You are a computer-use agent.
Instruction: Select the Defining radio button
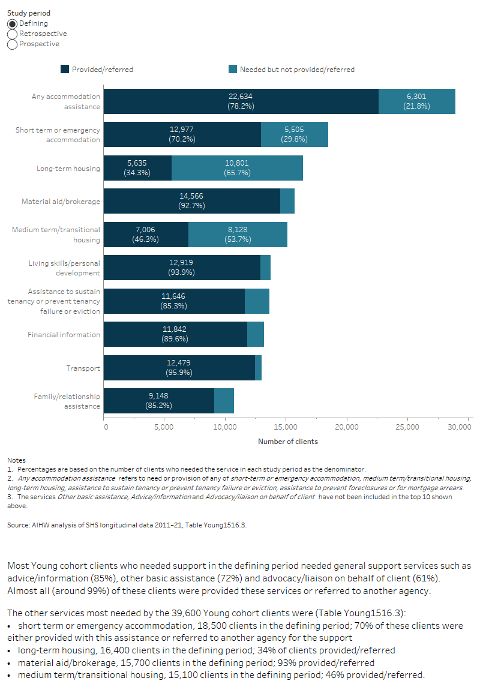coord(13,24)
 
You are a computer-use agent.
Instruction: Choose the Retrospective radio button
coord(13,34)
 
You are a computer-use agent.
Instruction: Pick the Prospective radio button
coord(13,44)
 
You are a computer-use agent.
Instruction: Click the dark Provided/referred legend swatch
coord(65,70)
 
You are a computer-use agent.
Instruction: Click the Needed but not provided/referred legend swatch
coord(233,70)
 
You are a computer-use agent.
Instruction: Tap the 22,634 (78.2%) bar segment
coord(241,101)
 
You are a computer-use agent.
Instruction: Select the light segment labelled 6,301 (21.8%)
coord(416,101)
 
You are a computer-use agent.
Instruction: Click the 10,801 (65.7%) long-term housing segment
coord(237,168)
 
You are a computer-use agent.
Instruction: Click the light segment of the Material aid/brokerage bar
coord(287,201)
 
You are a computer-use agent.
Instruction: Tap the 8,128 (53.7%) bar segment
coord(238,235)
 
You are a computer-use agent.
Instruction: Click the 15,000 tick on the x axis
coord(285,427)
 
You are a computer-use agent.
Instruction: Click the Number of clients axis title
coord(287,442)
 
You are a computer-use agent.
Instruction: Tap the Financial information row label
coord(64,335)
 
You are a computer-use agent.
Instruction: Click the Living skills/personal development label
coord(64,268)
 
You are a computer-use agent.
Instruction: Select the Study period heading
coord(29,13)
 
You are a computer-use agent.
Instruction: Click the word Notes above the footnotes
coord(16,460)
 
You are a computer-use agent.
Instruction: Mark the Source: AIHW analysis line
coord(127,525)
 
